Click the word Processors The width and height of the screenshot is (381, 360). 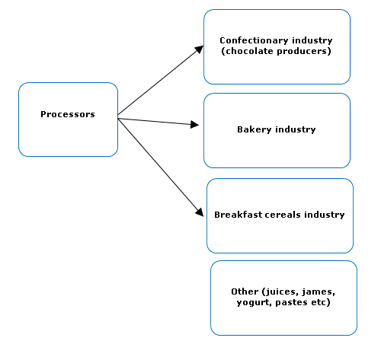tap(68, 114)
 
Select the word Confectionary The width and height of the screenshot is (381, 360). tap(254, 40)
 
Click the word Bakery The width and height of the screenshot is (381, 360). tap(255, 129)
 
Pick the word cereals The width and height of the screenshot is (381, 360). tap(283, 215)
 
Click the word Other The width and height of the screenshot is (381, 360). tap(245, 292)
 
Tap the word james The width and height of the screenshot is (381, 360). tap(319, 292)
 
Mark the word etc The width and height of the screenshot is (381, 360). tap(319, 302)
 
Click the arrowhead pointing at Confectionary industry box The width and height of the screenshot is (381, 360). tap(200, 49)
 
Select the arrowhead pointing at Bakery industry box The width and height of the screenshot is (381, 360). tap(194, 124)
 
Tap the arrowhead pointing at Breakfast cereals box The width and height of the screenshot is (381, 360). tap(200, 212)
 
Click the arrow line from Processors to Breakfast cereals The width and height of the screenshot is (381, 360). tap(161, 167)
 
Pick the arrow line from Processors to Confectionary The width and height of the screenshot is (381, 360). tap(161, 80)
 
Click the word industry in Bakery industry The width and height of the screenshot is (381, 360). tap(296, 129)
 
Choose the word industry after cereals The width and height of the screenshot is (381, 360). tap(325, 215)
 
